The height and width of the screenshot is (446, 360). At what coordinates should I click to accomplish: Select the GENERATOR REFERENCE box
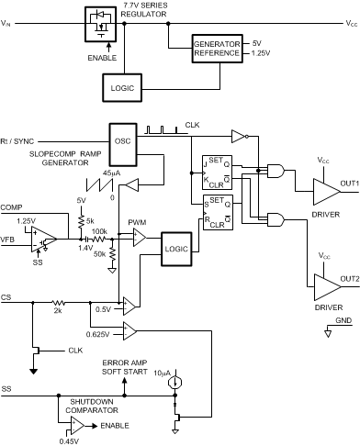coord(218,49)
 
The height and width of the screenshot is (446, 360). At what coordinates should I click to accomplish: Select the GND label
coord(342,321)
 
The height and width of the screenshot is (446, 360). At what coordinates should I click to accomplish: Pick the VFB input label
coord(8,240)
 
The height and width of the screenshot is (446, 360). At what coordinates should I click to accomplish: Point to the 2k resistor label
coord(58,310)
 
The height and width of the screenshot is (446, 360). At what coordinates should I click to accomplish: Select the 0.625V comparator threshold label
coord(100,335)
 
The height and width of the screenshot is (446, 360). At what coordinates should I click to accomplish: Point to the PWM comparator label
coord(137,221)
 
